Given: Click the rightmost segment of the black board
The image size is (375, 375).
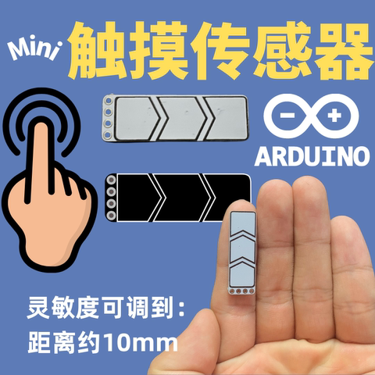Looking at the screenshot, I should tap(231, 195).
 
